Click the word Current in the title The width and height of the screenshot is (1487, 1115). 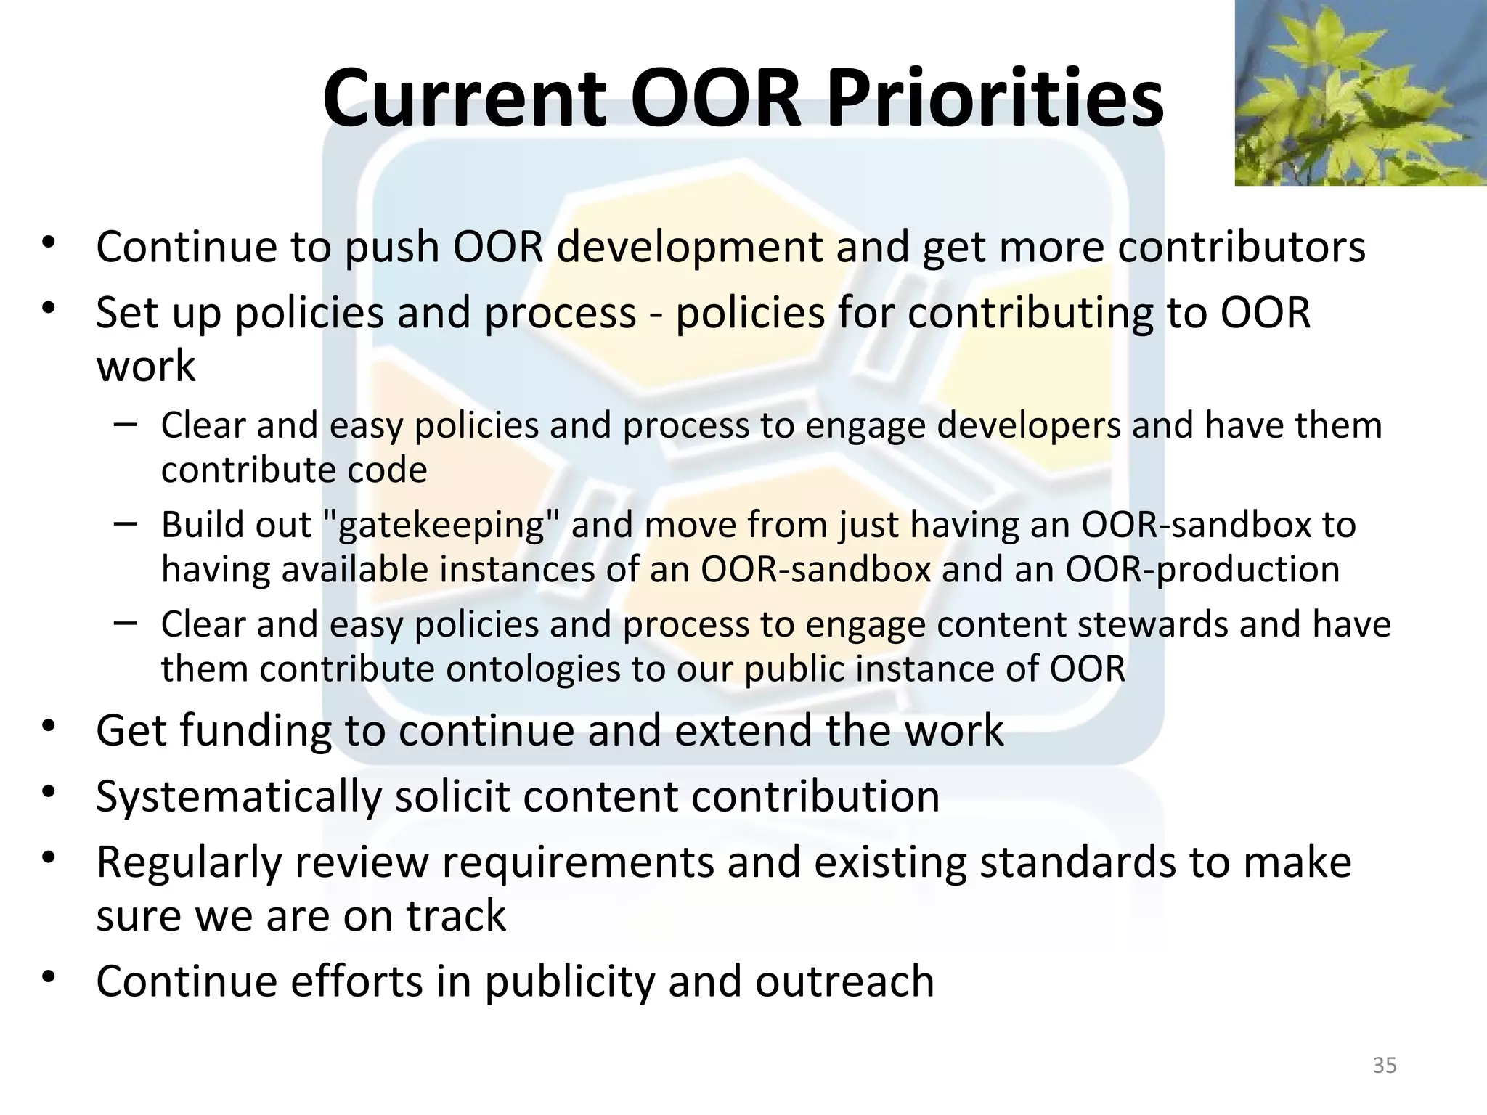tap(465, 98)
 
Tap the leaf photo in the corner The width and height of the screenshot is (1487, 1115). tap(1361, 93)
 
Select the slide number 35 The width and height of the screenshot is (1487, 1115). tap(1385, 1066)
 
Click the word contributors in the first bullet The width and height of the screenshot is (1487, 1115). tap(1242, 247)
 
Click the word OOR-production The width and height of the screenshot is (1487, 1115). tap(1202, 569)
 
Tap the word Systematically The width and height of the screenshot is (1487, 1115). tap(238, 797)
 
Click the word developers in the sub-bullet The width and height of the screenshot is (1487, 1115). tap(1028, 425)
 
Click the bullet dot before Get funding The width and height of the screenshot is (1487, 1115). tap(49, 727)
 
